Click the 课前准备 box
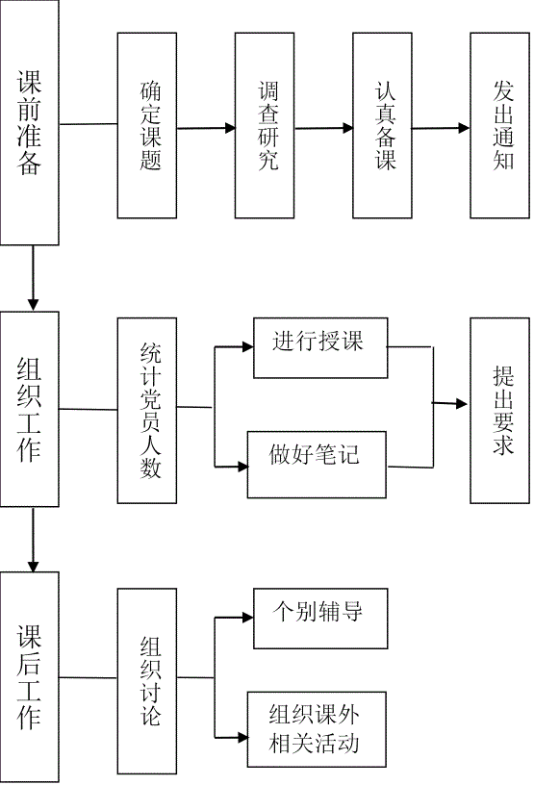[x=30, y=123]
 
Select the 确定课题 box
[x=147, y=126]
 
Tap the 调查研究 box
[x=265, y=126]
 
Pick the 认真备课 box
[x=382, y=126]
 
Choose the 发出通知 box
[x=500, y=126]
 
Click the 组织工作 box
[x=30, y=409]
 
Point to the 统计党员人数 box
[x=147, y=411]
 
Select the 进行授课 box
[x=320, y=347]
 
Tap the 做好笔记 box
[x=317, y=465]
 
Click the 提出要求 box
[x=500, y=411]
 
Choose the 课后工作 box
[x=30, y=677]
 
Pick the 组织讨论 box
[x=147, y=681]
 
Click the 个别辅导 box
[x=320, y=619]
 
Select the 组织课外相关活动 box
[x=317, y=729]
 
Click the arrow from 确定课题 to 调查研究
[x=207, y=128]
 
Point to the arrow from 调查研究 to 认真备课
[x=323, y=128]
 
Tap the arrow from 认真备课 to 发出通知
[x=441, y=128]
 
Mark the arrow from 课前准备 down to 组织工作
[x=33, y=278]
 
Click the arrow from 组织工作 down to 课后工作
[x=33, y=540]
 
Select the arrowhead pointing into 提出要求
[x=462, y=403]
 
